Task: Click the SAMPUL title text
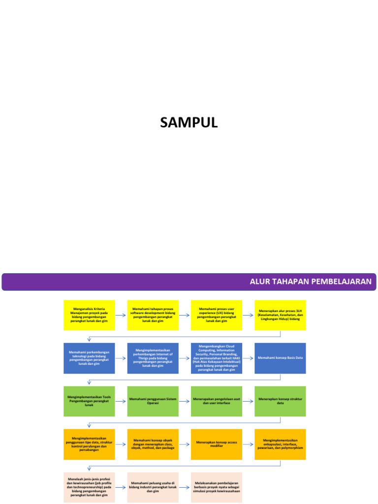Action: pos(189,123)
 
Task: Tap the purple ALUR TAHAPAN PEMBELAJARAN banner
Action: pos(189,282)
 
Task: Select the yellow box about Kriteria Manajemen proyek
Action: pos(89,315)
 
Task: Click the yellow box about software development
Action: pos(153,315)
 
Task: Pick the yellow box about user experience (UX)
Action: pos(217,315)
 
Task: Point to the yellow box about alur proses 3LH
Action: pos(280,315)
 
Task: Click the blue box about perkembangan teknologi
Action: pos(89,358)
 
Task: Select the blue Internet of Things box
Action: pos(153,358)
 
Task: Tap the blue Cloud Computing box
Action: pos(217,358)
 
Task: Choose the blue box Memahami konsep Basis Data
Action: pos(280,358)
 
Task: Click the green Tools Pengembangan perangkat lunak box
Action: pos(89,401)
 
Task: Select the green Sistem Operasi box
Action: pos(153,401)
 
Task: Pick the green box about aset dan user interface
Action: pos(217,401)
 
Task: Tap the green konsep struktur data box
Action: pos(280,401)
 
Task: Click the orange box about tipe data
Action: pos(89,444)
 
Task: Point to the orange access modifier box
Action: pos(217,444)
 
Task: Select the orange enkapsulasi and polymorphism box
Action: pos(280,444)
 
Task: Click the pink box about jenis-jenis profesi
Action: pos(89,487)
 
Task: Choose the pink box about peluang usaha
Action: pos(153,487)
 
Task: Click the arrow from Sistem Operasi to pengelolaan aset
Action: pos(185,401)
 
